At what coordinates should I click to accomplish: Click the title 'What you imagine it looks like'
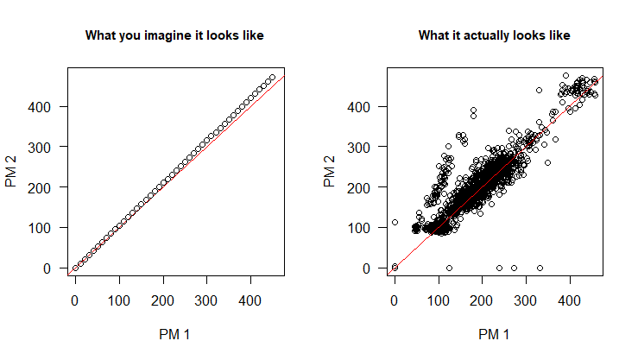tap(174, 35)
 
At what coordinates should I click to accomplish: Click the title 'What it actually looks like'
tap(494, 35)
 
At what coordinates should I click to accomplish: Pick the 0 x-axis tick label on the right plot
tap(395, 303)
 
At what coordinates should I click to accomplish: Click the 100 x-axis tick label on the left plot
tap(119, 303)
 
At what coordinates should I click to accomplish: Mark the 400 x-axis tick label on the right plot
tap(569, 303)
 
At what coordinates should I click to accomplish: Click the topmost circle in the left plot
tap(272, 78)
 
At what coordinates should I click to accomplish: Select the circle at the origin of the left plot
tap(75, 268)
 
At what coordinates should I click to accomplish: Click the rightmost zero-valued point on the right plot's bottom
tap(540, 268)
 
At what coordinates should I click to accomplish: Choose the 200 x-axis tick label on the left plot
tap(162, 303)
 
